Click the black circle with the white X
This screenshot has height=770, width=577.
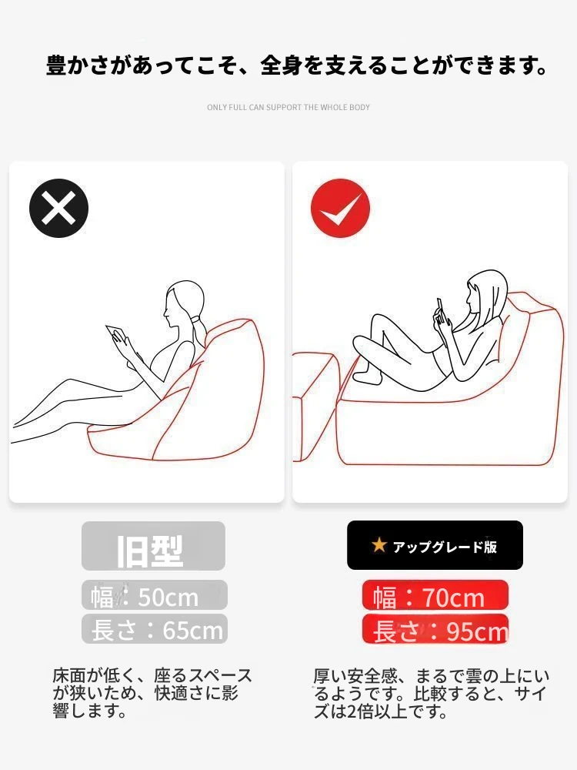pos(59,208)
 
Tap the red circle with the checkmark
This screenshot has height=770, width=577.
pos(341,208)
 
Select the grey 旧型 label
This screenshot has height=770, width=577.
pos(154,546)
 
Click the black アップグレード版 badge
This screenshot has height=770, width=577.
pos(435,545)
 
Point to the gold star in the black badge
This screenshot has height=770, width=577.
pos(379,544)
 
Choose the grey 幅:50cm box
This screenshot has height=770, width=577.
pos(155,595)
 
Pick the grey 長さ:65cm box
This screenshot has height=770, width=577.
pos(155,628)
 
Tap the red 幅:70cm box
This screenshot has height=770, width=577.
pos(435,595)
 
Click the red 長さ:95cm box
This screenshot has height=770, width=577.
pos(435,628)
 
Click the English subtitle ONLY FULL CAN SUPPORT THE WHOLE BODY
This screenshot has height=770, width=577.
pos(288,107)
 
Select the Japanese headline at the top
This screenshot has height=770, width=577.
pos(297,65)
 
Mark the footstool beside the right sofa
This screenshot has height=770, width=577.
pos(315,407)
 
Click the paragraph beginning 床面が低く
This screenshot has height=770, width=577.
pos(152,693)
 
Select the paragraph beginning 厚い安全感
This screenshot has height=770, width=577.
pos(432,693)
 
